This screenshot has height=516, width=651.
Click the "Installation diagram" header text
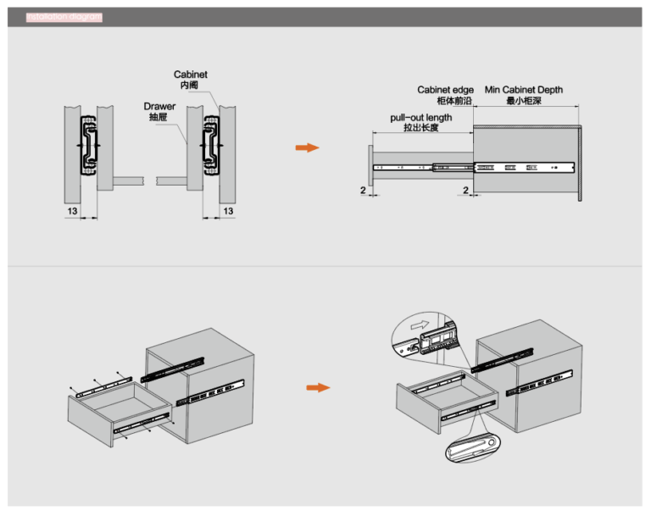[64, 16]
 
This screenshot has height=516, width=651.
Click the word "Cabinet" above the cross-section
[190, 75]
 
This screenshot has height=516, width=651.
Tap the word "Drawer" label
[159, 107]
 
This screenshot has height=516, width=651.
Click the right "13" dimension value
[226, 209]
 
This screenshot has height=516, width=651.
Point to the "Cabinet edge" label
[445, 90]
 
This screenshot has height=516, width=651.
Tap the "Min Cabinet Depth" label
[523, 90]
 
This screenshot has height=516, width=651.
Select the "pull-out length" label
[421, 118]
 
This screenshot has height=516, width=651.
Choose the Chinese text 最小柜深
[522, 101]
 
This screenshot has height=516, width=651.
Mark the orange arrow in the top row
[307, 147]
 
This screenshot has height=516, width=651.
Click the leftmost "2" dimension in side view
[363, 190]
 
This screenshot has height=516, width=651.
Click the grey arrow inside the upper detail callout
[419, 324]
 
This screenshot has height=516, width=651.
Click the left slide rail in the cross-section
[87, 147]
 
